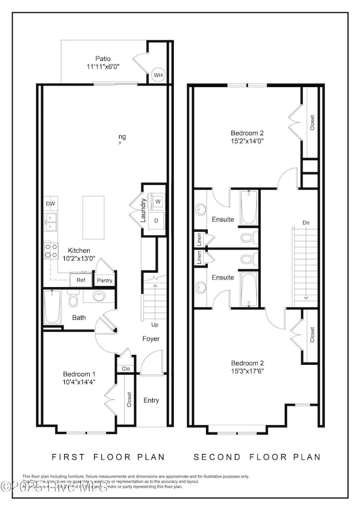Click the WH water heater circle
(x=158, y=75)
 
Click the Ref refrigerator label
(x=81, y=280)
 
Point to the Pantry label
(x=104, y=280)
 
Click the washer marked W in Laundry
(x=157, y=201)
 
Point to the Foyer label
(x=151, y=338)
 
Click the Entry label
(x=151, y=400)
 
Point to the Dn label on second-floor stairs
(x=306, y=222)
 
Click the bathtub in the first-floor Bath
(x=53, y=308)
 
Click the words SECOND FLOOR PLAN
(x=257, y=457)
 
